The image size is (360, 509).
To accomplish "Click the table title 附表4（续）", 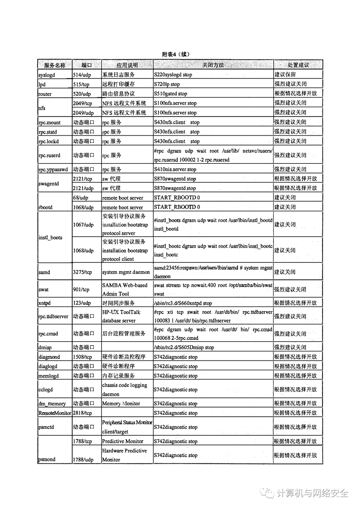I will coord(175,54).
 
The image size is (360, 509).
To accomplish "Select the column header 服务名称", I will coord(55,65).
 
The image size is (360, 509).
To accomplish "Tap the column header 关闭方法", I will coord(213,65).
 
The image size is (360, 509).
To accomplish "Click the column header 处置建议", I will coord(298,65).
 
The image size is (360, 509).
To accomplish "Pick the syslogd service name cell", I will coord(47,75).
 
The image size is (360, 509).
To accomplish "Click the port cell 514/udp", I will coord(82,75).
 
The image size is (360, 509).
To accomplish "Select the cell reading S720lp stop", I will coord(167,84).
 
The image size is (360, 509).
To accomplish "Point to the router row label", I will coord(45,94).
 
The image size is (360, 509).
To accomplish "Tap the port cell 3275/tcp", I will coord(82,272).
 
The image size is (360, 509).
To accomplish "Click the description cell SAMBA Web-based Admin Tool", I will coord(125,290).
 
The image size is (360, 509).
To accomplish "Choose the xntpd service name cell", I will coord(44,303).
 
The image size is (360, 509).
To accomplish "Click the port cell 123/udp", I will coord(82,303).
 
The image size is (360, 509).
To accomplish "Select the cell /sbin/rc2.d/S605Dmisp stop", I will coord(184,348).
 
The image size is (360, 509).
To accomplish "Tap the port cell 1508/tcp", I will coord(82,357).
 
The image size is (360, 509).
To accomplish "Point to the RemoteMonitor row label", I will coord(55,413).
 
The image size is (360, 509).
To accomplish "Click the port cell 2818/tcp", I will coord(82,413).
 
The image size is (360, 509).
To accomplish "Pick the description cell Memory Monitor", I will coord(121,404).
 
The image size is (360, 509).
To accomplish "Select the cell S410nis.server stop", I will coord(175,169).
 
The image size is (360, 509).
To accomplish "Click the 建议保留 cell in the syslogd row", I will coord(285,74).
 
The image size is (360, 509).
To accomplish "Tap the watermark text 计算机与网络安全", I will coord(312,493).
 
